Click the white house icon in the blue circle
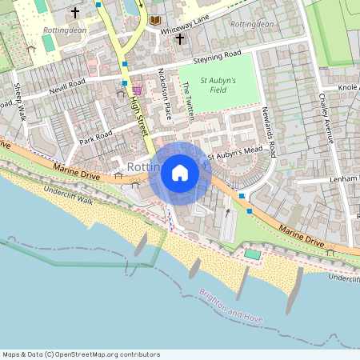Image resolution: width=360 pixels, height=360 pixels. [x=180, y=173]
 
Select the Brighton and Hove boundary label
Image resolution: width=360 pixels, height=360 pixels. [x=231, y=306]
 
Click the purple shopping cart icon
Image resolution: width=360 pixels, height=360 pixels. [x=138, y=91]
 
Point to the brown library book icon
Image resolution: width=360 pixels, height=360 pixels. [x=155, y=19]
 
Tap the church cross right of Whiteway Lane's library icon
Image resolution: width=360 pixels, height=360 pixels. [x=179, y=38]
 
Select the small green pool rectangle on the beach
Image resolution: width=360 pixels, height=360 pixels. [x=253, y=254]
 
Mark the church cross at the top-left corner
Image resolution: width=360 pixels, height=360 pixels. [x=75, y=13]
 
